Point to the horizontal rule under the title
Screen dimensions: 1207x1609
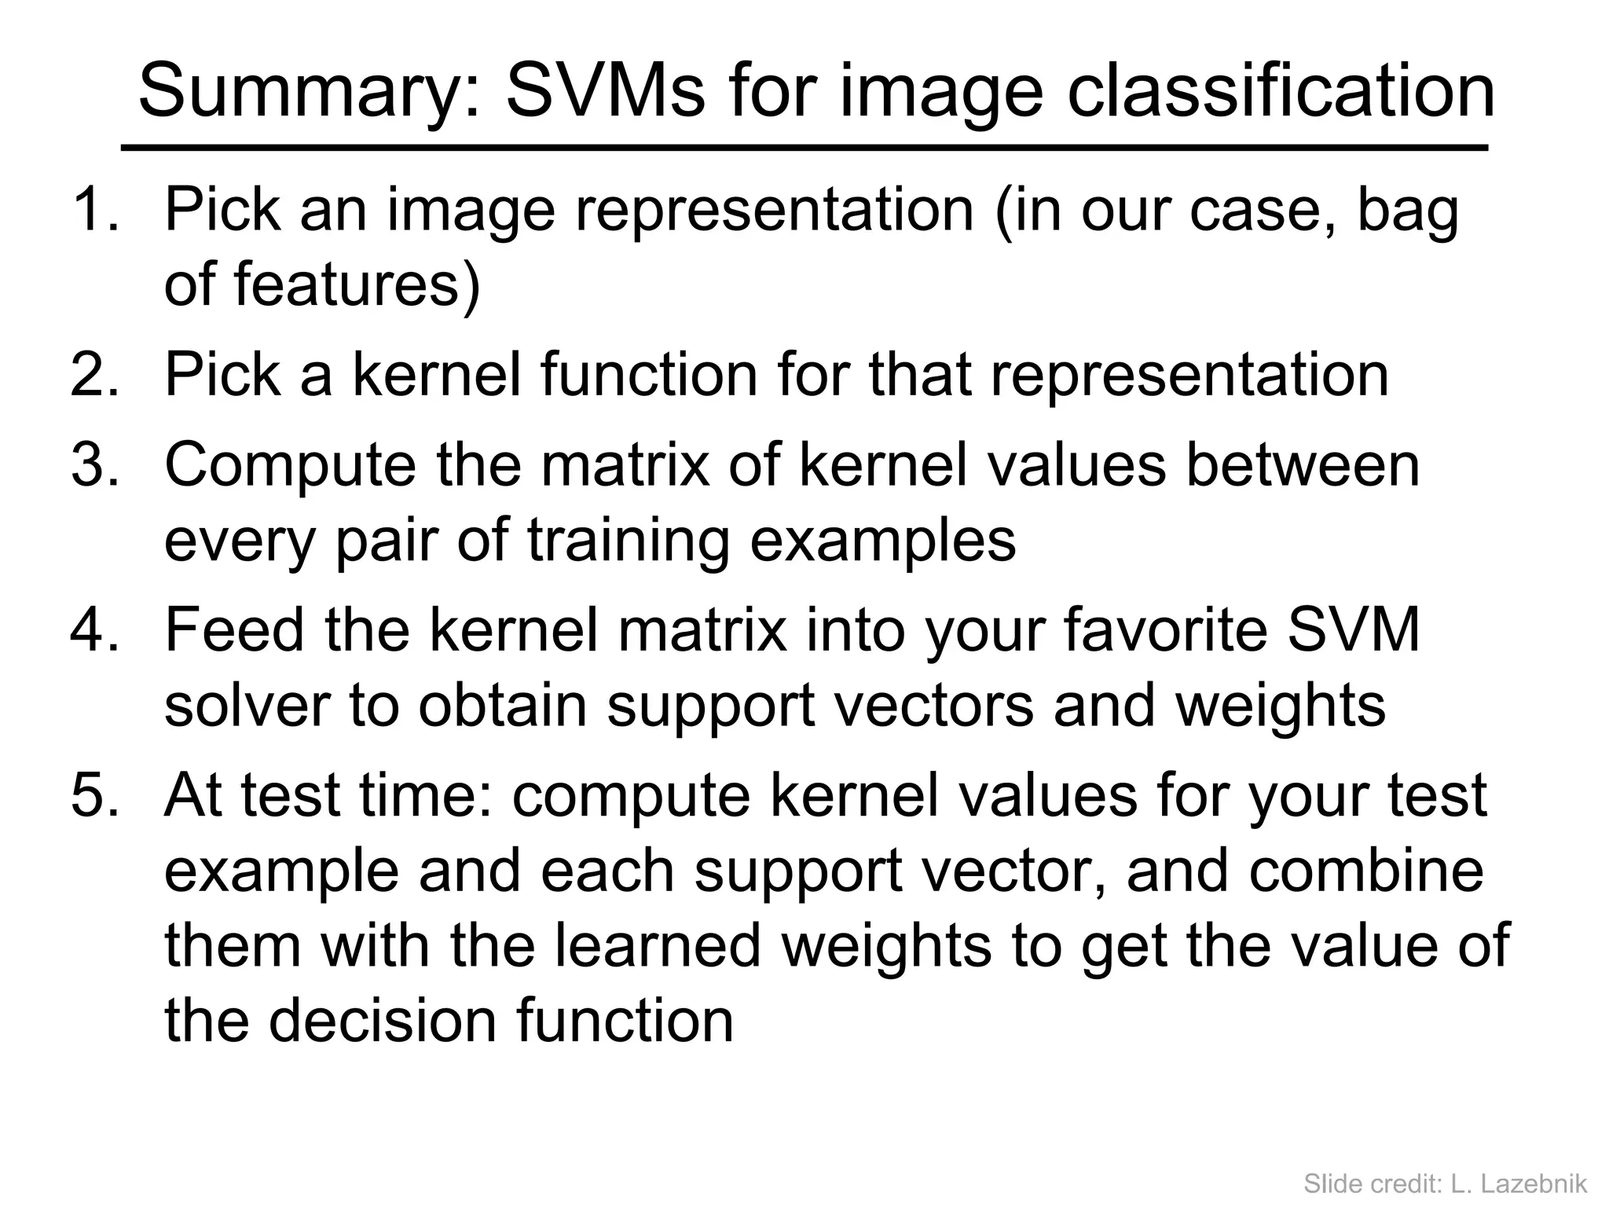click(804, 148)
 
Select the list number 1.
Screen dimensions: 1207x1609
click(95, 211)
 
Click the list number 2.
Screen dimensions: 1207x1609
click(95, 376)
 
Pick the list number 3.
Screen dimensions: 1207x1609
click(95, 465)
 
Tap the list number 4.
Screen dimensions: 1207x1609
click(95, 630)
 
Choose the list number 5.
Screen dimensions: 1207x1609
click(95, 795)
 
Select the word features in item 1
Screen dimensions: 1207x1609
click(346, 284)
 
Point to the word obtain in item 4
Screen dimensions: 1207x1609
click(503, 706)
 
